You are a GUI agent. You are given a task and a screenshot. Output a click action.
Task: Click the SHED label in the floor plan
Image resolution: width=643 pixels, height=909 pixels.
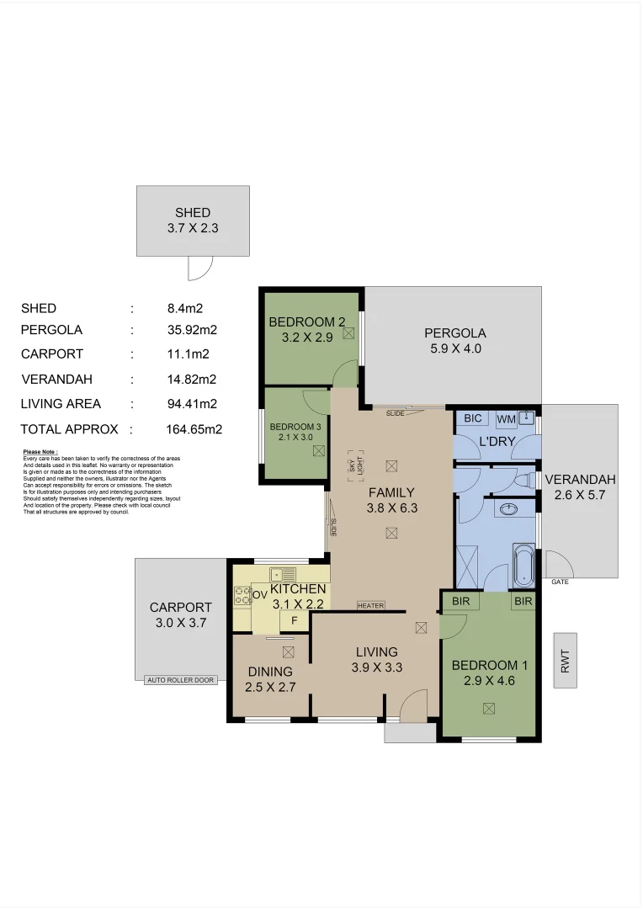point(193,213)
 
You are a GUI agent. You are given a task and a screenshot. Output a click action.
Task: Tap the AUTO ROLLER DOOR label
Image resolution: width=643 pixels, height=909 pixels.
point(180,680)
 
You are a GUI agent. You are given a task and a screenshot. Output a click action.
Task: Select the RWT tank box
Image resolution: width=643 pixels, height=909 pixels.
point(566,660)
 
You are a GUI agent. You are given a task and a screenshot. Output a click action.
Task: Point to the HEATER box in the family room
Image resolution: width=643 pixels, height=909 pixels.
point(370,605)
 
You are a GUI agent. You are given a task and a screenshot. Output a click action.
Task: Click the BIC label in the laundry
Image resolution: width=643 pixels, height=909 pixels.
point(472,418)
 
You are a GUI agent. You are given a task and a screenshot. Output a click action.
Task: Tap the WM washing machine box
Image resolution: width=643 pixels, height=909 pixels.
point(506,418)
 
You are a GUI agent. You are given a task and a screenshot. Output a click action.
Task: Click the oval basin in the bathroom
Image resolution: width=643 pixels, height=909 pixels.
point(508,509)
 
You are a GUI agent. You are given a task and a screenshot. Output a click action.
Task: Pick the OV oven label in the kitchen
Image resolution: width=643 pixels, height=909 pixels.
point(260,595)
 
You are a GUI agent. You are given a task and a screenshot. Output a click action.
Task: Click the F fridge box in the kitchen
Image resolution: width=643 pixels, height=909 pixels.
point(294,621)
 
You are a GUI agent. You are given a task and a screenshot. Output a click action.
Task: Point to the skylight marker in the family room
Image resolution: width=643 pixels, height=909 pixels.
point(357,465)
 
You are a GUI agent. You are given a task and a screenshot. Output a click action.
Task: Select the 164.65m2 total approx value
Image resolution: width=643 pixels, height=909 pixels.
point(194,429)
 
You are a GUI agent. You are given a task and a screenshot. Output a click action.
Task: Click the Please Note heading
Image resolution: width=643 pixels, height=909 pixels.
point(40,452)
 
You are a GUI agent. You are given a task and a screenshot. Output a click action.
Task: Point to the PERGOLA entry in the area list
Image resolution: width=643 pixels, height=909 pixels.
point(51,330)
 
